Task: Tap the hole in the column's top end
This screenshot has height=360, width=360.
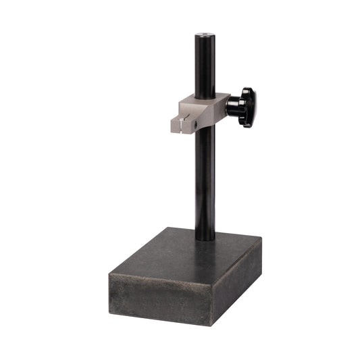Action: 204,32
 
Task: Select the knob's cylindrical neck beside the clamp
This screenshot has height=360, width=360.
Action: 231,105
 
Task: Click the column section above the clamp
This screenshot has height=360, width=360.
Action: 205,64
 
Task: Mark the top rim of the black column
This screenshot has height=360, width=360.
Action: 204,30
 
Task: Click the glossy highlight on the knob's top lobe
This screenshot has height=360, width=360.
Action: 249,92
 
